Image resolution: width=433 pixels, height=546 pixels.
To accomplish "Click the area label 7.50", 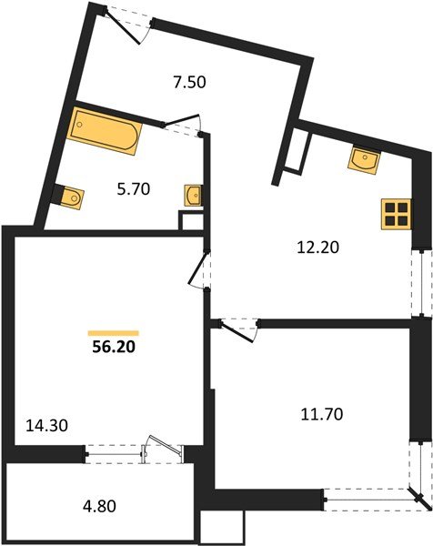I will (x=190, y=81).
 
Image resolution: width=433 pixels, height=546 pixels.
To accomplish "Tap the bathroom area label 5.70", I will (x=133, y=189).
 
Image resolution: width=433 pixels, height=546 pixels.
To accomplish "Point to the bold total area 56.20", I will (x=114, y=347).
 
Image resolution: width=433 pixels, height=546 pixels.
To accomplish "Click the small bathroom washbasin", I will (x=193, y=195).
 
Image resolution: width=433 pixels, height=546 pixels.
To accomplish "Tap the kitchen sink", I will (x=365, y=161).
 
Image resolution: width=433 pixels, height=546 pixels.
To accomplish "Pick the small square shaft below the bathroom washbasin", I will (x=189, y=221).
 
